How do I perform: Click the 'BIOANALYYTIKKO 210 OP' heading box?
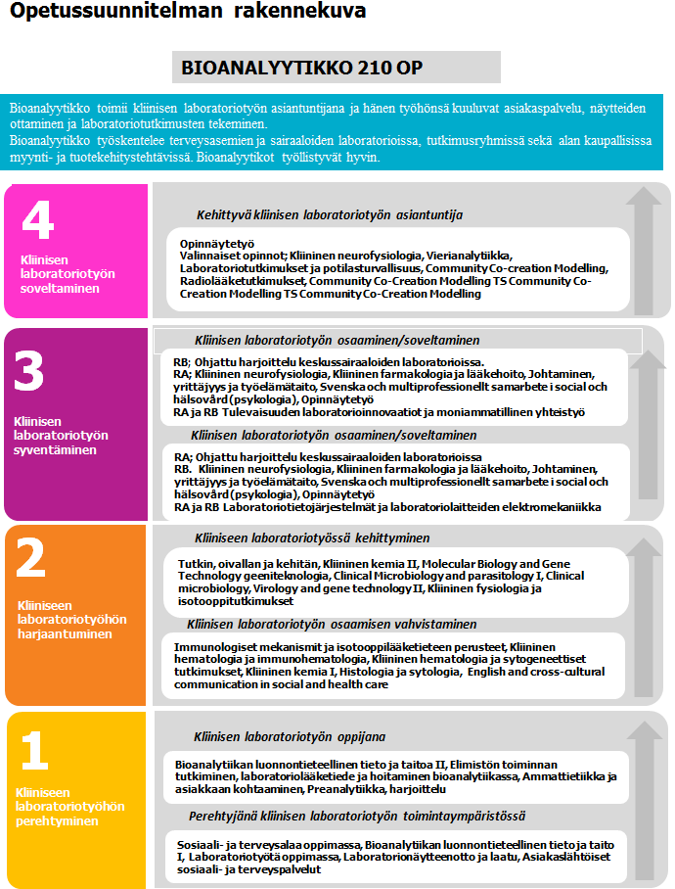(336, 68)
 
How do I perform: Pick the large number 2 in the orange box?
(31, 561)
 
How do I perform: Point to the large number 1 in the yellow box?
(34, 752)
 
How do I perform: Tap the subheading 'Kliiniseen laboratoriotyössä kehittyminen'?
(312, 538)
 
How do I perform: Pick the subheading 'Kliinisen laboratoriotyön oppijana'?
(290, 736)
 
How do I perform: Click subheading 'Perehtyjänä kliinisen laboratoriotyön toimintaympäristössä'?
(358, 815)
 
